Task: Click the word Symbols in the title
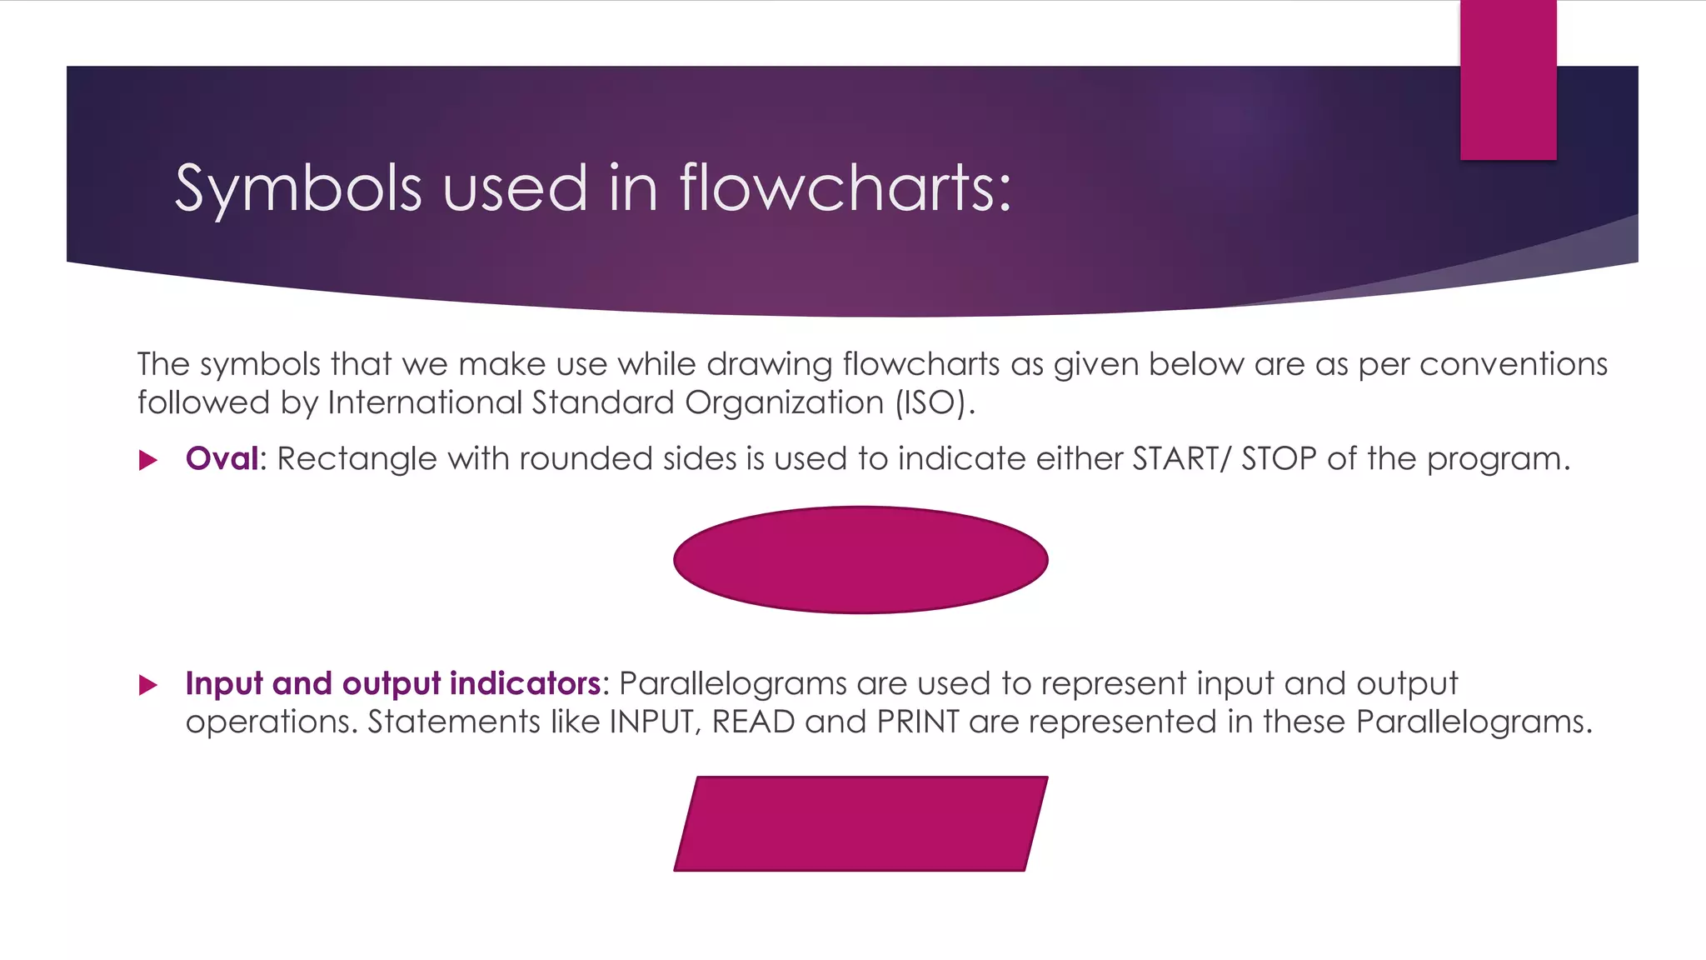298,188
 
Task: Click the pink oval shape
860,560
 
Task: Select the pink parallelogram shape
860,824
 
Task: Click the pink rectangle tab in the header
1508,80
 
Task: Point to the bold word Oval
222,458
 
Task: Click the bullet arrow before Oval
148,460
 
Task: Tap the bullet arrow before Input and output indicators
148,685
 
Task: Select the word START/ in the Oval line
1180,458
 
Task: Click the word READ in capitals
753,722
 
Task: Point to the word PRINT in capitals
918,722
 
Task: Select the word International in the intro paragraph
425,402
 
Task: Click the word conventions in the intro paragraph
1513,364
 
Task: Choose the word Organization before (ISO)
784,403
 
